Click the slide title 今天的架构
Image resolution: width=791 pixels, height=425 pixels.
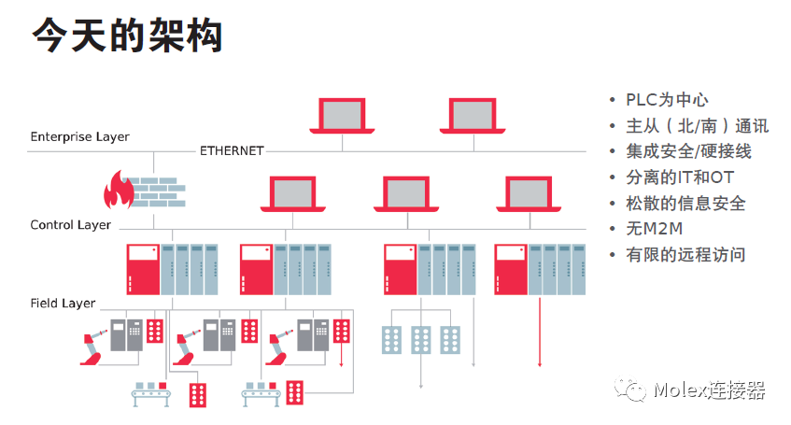[128, 35]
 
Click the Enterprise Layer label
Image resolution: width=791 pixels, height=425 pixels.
[79, 136]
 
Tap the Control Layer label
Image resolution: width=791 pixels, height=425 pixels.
[71, 225]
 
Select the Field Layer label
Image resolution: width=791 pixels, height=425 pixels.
[63, 304]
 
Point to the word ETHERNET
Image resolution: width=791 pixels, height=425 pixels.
[232, 150]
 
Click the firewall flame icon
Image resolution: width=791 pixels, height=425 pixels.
[119, 190]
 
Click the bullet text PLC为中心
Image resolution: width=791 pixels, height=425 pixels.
[667, 100]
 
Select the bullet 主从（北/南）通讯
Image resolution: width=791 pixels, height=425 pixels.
[697, 126]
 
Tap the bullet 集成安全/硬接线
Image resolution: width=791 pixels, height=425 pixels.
[688, 151]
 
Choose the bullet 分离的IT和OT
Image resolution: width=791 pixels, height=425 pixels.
[680, 177]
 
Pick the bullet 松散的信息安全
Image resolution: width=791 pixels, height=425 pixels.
[685, 203]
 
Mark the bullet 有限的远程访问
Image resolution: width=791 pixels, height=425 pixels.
[685, 254]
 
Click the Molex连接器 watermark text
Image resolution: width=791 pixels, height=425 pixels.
[710, 390]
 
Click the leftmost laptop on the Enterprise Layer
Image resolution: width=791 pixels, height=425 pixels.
[343, 114]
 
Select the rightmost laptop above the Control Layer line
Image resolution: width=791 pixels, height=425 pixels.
[533, 193]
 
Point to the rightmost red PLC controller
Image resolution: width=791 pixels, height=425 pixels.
[510, 269]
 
